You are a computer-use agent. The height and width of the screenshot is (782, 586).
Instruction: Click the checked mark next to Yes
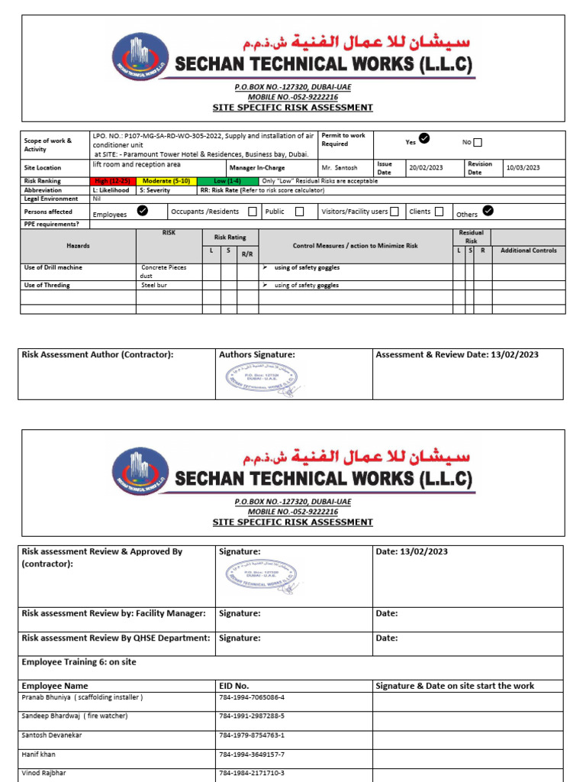point(425,138)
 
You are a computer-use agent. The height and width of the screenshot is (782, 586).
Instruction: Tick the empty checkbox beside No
point(478,142)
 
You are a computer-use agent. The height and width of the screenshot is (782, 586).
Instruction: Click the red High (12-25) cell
point(111,181)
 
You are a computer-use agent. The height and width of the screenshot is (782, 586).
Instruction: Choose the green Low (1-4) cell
point(227,181)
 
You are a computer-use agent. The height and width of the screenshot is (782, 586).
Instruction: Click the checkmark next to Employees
point(142,212)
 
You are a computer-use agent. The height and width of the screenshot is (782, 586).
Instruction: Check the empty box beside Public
point(299,212)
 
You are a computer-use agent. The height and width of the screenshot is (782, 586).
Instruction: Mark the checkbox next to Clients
point(439,212)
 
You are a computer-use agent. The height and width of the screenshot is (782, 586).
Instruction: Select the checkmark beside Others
point(488,211)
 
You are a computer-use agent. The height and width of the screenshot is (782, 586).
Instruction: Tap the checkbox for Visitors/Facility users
point(394,212)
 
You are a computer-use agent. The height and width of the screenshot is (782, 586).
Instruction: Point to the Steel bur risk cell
point(153,285)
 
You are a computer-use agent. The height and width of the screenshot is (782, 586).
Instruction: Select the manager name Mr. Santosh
point(340,167)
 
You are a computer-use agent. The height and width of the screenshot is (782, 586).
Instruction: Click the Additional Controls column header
point(528,250)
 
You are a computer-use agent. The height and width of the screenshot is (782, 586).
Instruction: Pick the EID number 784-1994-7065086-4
point(252,697)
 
